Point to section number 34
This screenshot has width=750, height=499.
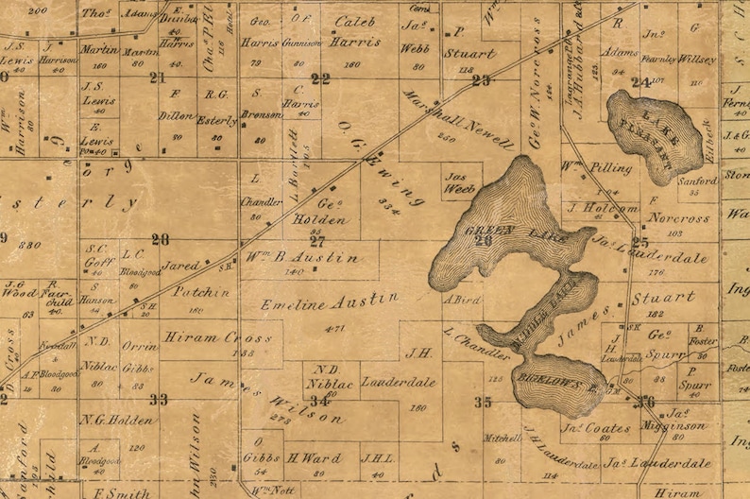(x=321, y=401)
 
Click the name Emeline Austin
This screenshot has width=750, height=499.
(x=330, y=301)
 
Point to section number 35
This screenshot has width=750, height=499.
(x=483, y=402)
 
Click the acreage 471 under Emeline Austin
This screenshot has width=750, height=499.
(x=333, y=328)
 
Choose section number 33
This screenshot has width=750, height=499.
(x=158, y=400)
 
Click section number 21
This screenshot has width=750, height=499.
(x=157, y=77)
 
